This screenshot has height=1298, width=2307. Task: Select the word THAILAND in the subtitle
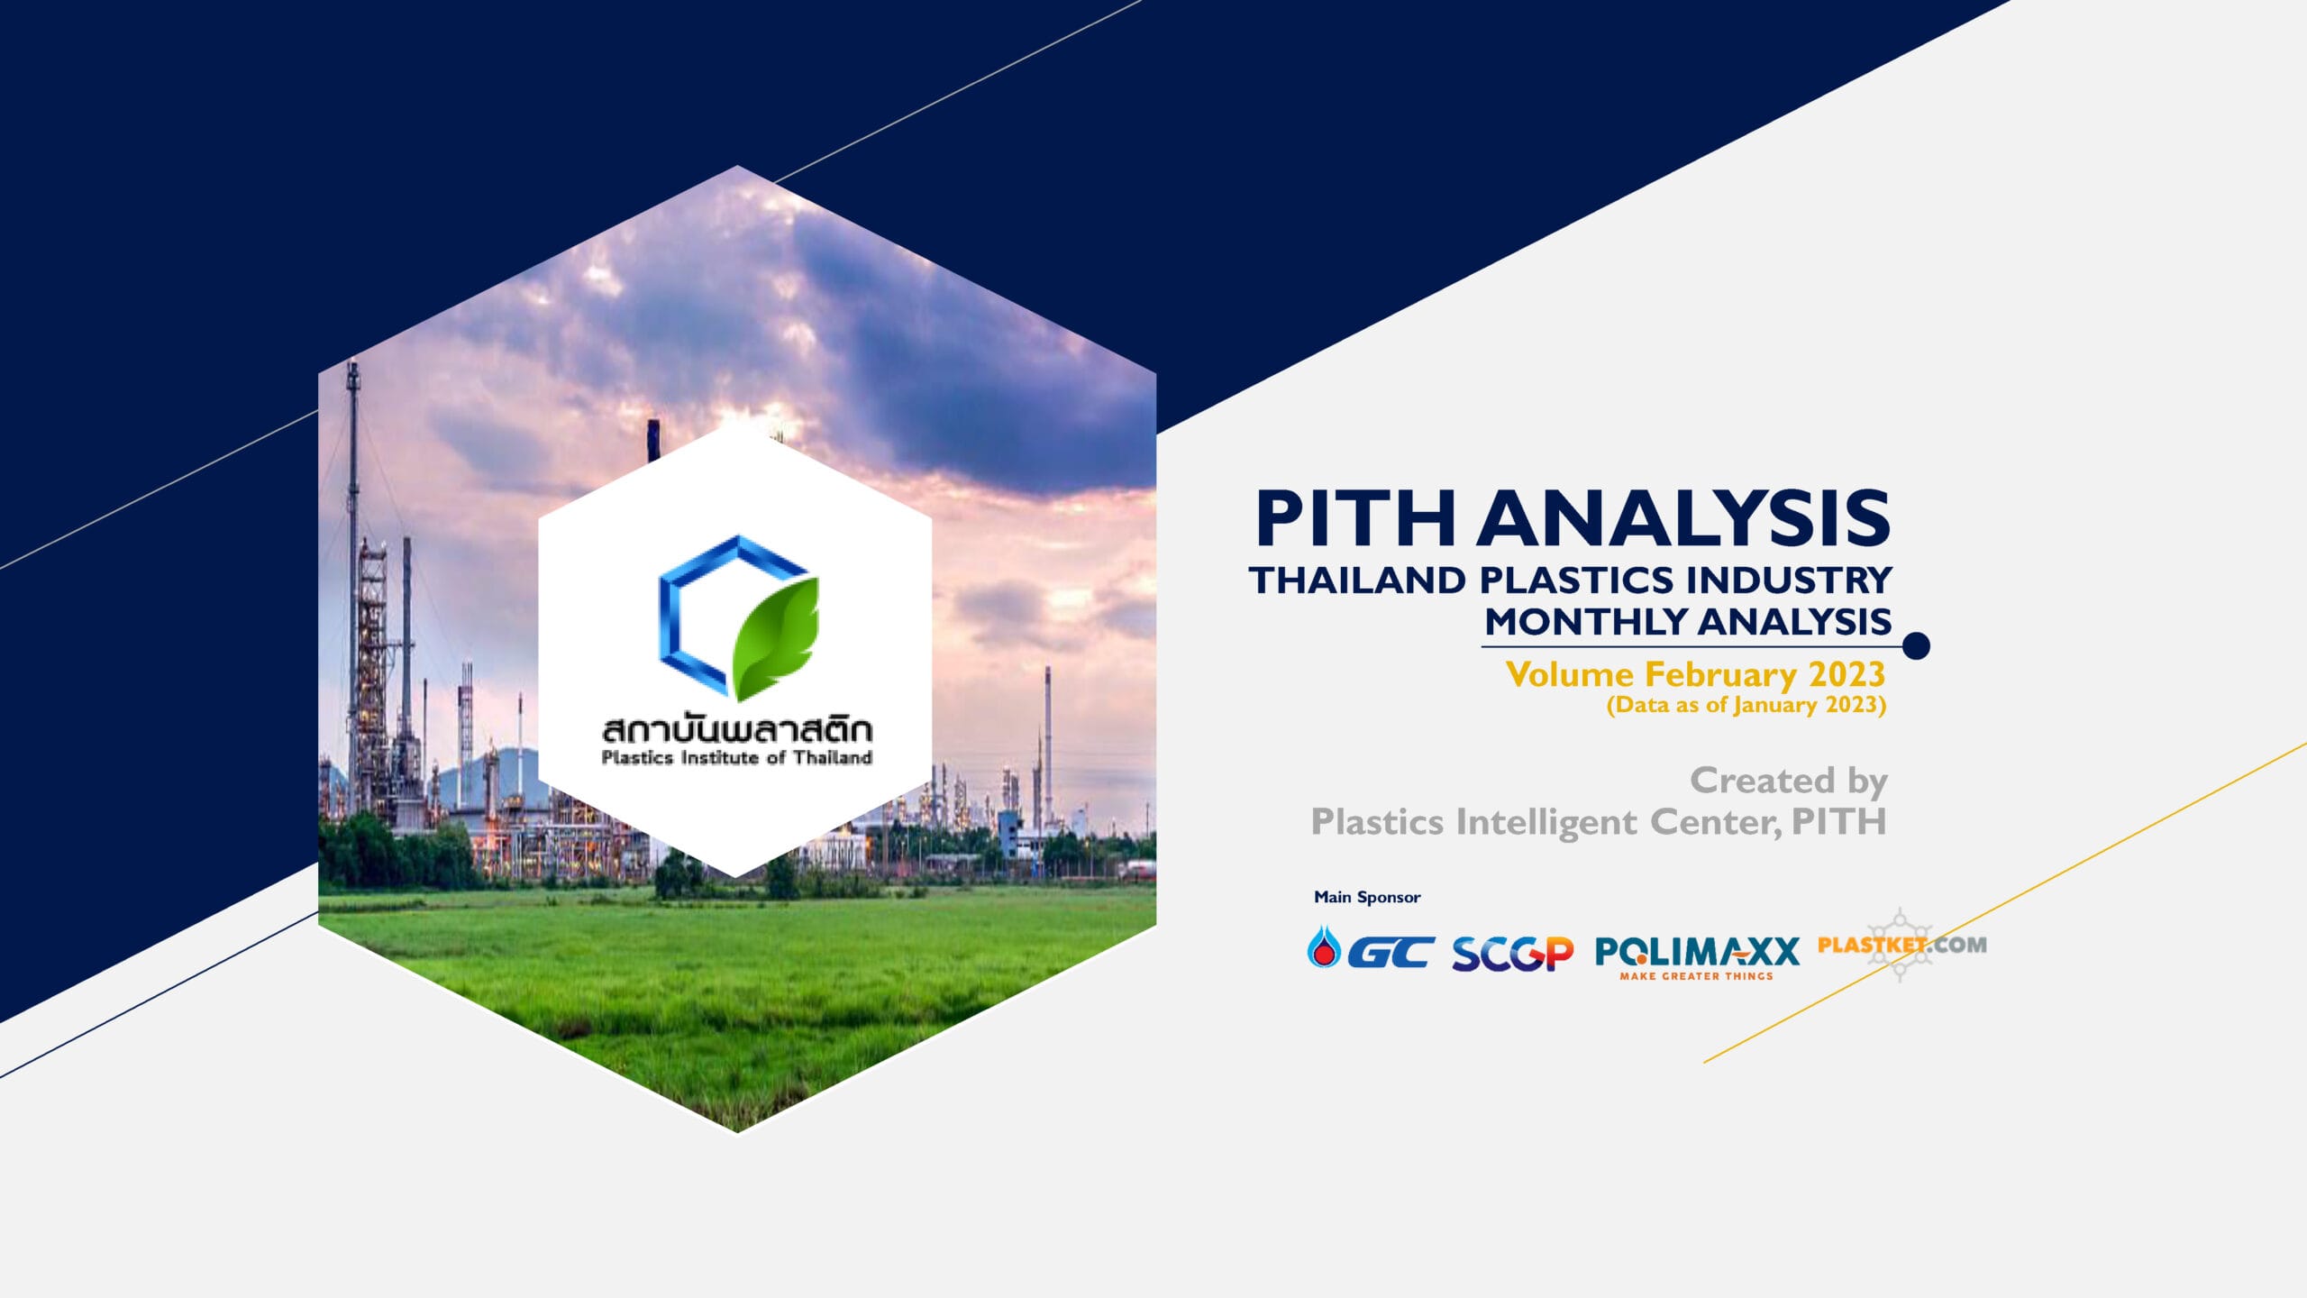[1357, 580]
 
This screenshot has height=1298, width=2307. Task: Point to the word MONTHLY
[1587, 622]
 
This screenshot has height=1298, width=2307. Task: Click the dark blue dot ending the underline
[1917, 645]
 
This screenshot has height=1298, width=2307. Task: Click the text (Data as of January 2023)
[1746, 705]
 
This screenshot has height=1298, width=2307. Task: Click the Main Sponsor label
[1367, 897]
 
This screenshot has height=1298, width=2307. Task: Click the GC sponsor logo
[1371, 949]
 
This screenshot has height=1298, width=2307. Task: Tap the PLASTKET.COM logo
[1901, 945]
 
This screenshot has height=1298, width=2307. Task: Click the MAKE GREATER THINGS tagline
[1697, 976]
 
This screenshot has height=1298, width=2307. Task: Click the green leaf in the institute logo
[775, 638]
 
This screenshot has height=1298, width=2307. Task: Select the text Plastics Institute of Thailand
[736, 758]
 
